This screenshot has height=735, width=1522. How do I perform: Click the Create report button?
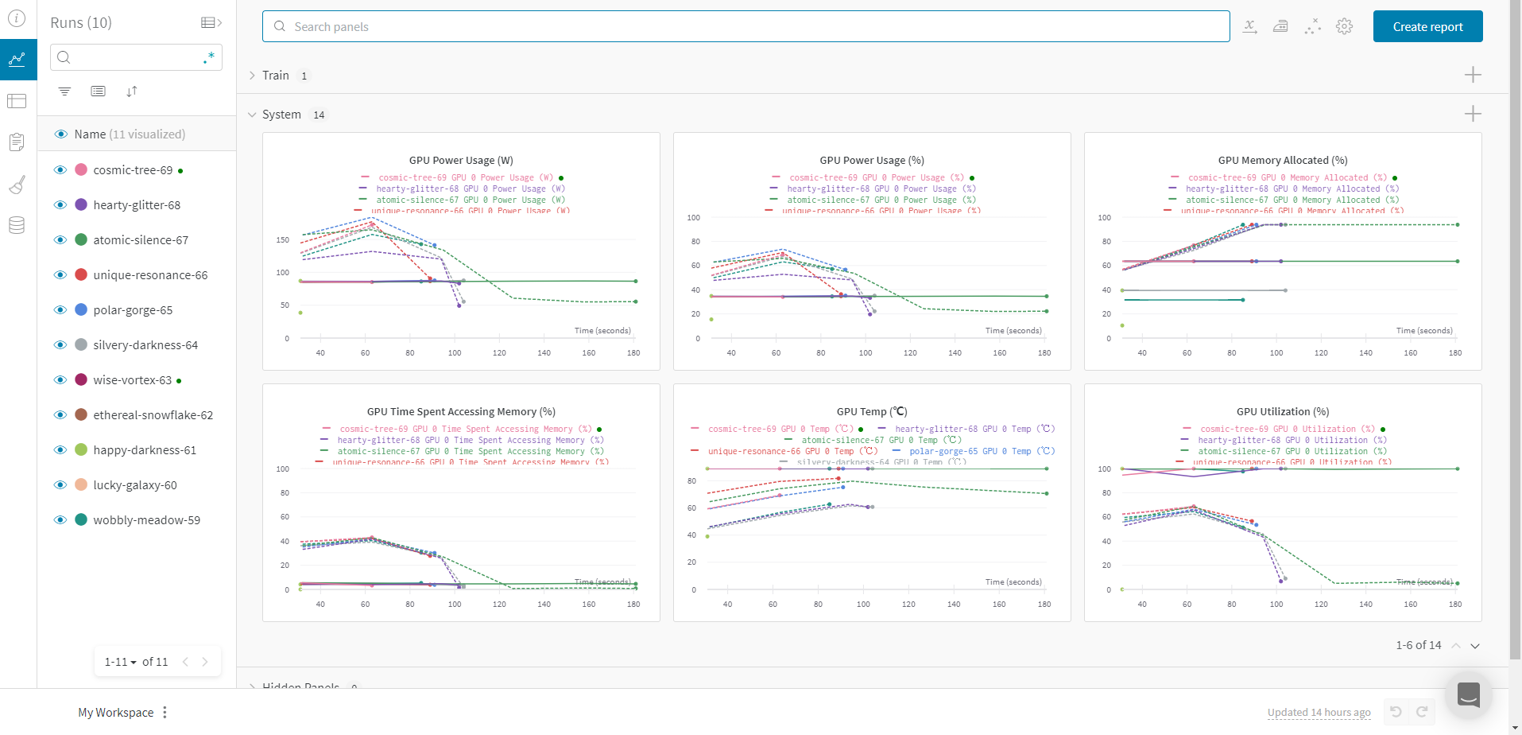pyautogui.click(x=1427, y=26)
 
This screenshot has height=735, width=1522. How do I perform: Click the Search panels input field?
pyautogui.click(x=746, y=26)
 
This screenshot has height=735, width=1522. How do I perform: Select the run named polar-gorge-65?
pyautogui.click(x=133, y=310)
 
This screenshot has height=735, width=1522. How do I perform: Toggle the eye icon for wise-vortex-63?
pyautogui.click(x=60, y=380)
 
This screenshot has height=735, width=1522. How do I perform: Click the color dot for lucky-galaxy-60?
pyautogui.click(x=81, y=484)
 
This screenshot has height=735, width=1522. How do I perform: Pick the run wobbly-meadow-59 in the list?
pyautogui.click(x=146, y=520)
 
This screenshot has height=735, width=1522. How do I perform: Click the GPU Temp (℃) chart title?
pyautogui.click(x=871, y=411)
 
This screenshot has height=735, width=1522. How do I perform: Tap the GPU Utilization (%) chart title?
pyautogui.click(x=1282, y=411)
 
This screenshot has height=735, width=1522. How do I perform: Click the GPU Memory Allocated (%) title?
pyautogui.click(x=1282, y=160)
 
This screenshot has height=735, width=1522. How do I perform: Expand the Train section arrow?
pyautogui.click(x=252, y=76)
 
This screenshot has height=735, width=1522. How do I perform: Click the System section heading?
pyautogui.click(x=281, y=115)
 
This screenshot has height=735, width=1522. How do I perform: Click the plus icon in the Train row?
pyautogui.click(x=1472, y=75)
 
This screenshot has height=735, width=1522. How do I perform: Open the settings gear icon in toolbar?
pyautogui.click(x=1344, y=26)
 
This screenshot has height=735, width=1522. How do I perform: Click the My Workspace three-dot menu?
pyautogui.click(x=165, y=712)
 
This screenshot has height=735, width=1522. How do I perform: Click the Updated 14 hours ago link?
pyautogui.click(x=1319, y=712)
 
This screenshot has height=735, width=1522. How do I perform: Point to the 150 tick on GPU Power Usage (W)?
pyautogui.click(x=283, y=239)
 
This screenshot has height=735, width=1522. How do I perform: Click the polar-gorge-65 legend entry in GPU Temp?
pyautogui.click(x=982, y=451)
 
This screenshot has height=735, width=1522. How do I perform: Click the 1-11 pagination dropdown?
pyautogui.click(x=121, y=662)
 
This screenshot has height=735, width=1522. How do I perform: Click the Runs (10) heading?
pyautogui.click(x=81, y=22)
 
